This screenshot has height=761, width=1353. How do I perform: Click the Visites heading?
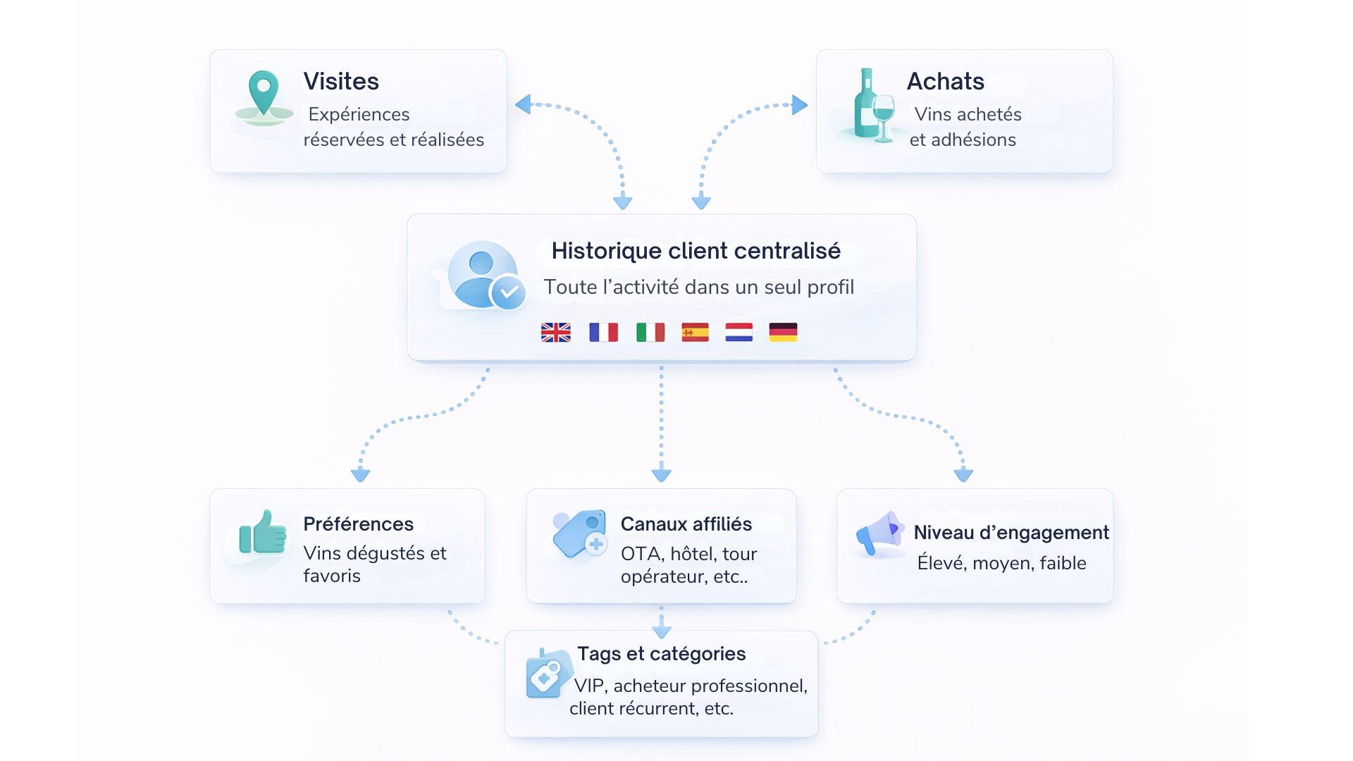point(341,82)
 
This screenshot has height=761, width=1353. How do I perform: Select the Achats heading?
point(945,82)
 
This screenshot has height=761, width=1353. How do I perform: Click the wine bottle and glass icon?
point(872,107)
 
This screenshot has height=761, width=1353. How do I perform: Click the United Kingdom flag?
point(555,332)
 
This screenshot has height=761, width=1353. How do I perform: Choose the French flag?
point(603,332)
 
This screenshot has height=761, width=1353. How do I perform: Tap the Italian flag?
point(650,332)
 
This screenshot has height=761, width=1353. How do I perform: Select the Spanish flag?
point(695,332)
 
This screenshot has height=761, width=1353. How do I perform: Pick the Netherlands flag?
point(739,332)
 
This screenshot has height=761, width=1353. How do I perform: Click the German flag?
point(783,332)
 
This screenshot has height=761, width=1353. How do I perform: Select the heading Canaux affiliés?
point(686,524)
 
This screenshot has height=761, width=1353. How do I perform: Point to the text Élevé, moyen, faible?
point(1001,563)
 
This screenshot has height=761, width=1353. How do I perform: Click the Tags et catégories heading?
point(661,654)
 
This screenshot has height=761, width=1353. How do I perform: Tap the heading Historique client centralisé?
point(696,251)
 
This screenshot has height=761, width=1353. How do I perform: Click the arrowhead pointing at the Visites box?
point(522,105)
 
